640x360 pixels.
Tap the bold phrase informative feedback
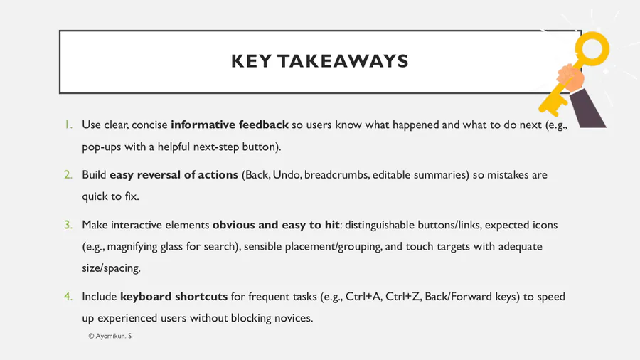coord(230,125)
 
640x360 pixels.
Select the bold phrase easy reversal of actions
coord(174,174)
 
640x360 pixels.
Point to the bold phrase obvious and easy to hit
coord(276,225)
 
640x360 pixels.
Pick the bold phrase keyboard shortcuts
coord(174,296)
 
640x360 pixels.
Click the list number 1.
coord(68,125)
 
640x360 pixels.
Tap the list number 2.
coord(68,174)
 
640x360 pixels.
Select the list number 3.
coord(68,225)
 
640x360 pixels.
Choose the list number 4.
coord(68,296)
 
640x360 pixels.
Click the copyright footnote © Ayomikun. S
coord(110,336)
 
